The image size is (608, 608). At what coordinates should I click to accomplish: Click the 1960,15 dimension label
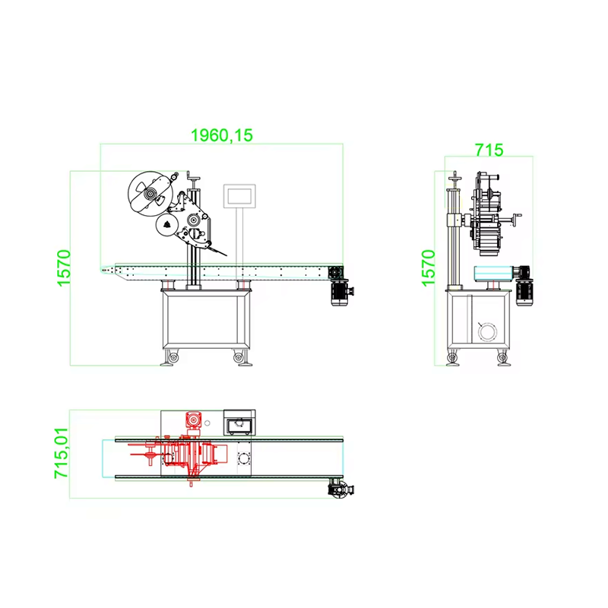click(221, 135)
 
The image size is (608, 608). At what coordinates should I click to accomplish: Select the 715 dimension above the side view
click(489, 150)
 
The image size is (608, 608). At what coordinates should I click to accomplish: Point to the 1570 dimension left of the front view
click(63, 268)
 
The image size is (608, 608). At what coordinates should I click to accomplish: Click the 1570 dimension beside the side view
click(429, 268)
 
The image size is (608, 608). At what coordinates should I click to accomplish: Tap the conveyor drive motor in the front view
click(340, 292)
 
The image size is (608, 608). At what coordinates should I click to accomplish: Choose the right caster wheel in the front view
click(242, 357)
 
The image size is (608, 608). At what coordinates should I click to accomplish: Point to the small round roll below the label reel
click(165, 224)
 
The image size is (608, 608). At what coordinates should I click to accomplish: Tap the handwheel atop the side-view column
click(455, 179)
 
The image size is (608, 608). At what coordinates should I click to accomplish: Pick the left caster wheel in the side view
click(454, 357)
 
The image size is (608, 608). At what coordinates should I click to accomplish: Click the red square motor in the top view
click(194, 420)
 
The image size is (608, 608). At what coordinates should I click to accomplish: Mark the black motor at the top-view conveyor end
click(337, 489)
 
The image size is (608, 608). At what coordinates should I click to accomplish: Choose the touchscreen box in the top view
click(239, 422)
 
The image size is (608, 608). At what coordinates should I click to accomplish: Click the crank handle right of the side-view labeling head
click(518, 220)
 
